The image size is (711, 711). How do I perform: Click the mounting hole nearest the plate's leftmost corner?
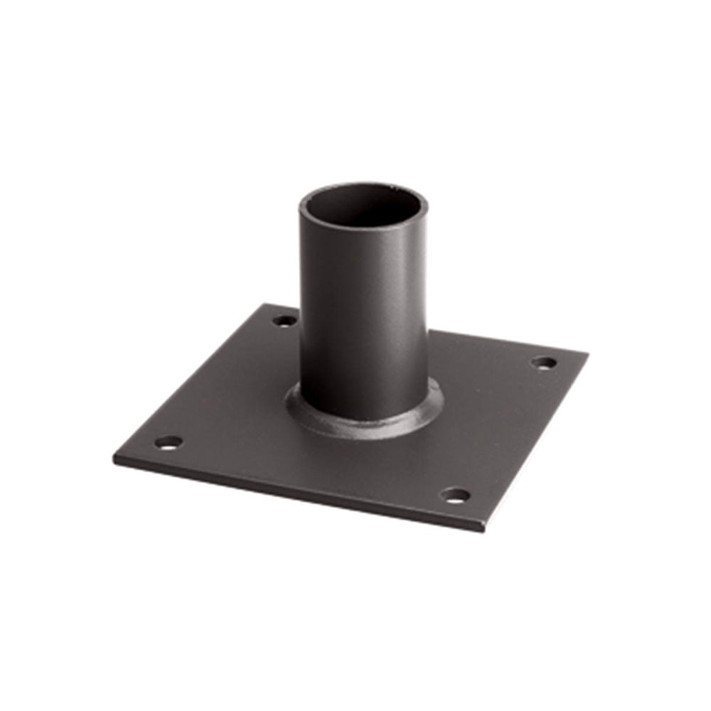pyautogui.click(x=169, y=443)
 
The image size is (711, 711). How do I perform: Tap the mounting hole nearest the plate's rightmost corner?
pyautogui.click(x=545, y=363)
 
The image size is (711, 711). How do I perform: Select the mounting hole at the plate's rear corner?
pyautogui.click(x=284, y=321)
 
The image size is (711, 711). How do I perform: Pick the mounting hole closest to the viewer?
pyautogui.click(x=456, y=495)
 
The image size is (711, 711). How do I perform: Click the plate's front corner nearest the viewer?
pyautogui.click(x=484, y=530)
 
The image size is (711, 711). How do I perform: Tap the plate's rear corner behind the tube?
pyautogui.click(x=268, y=306)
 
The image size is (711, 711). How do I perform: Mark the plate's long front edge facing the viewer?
pyautogui.click(x=299, y=495)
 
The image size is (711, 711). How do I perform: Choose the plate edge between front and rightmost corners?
pyautogui.click(x=537, y=441)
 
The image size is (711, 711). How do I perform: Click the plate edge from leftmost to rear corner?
pyautogui.click(x=192, y=380)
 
